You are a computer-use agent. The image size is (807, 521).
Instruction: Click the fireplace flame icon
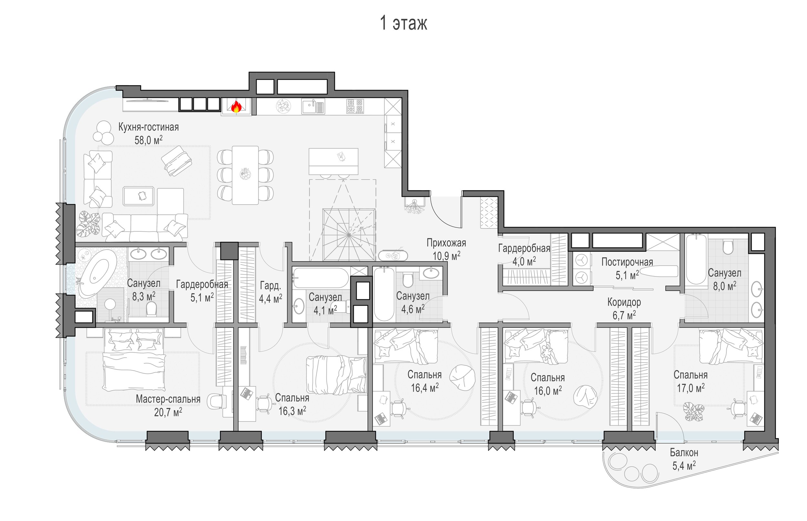236,107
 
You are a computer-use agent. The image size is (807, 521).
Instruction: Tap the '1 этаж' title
403,23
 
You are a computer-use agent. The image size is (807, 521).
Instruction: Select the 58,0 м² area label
148,140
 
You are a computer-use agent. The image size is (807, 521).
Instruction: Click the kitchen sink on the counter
313,106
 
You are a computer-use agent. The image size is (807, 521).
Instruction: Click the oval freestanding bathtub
97,273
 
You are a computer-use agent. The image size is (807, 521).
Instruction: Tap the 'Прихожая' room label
446,243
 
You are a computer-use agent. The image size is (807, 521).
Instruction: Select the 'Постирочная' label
627,262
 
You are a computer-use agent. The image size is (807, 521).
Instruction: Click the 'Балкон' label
684,452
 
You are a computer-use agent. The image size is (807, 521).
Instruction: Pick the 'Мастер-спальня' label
168,399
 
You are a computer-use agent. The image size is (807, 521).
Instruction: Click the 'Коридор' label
624,302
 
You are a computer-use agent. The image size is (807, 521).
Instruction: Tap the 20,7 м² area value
168,412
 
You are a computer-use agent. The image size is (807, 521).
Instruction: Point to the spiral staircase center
349,235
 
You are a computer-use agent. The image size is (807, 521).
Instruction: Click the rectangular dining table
245,175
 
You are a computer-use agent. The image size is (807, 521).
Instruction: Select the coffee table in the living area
138,196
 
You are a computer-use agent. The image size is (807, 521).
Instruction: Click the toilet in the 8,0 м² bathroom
728,247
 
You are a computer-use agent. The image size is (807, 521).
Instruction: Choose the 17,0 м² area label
690,388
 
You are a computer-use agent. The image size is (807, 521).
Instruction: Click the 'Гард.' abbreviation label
270,286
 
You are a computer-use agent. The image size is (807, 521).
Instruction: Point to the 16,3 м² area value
292,411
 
